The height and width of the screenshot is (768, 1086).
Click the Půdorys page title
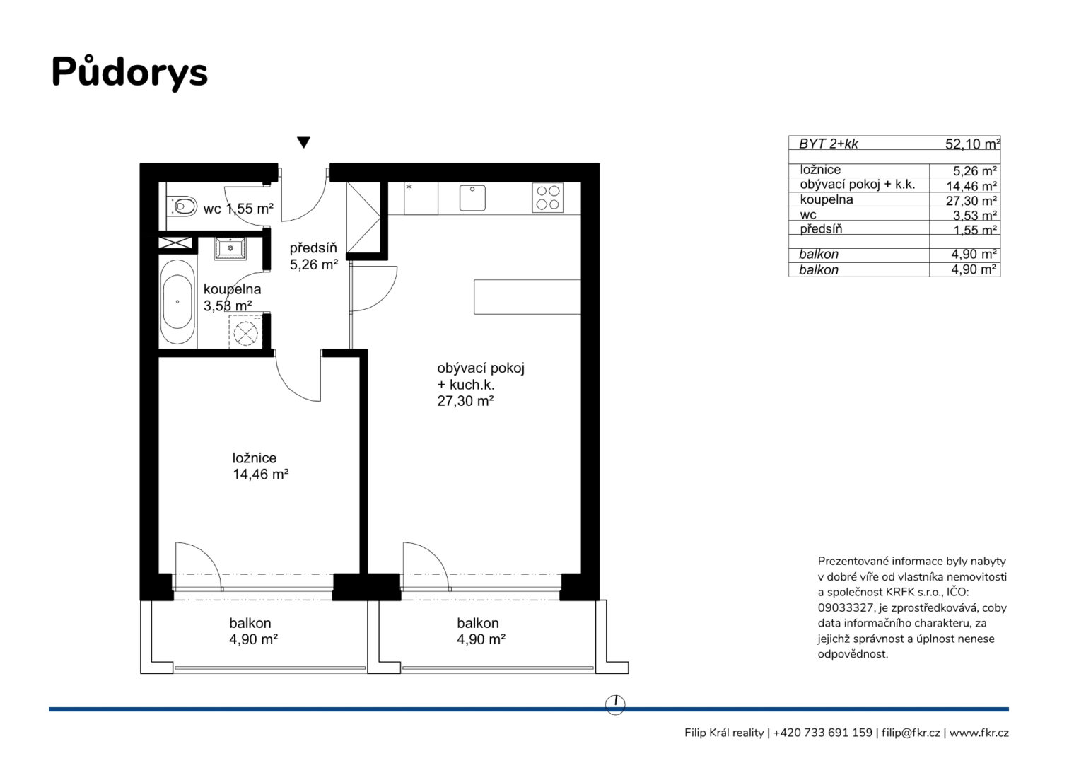(129, 72)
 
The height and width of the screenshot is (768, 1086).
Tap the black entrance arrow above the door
(303, 142)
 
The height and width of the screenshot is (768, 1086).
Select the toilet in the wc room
(182, 206)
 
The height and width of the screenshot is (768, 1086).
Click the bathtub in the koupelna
(177, 303)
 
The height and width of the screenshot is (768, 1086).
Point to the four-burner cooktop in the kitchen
(547, 197)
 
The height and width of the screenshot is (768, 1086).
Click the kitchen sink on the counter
(472, 198)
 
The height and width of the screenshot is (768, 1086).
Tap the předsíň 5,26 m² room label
(313, 257)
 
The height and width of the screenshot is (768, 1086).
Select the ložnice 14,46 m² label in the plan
(259, 466)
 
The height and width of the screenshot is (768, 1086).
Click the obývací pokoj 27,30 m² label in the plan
(480, 384)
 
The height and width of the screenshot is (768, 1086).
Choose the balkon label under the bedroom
(252, 631)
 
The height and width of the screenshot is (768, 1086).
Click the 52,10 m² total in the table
(972, 144)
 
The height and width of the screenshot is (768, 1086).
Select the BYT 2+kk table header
(828, 144)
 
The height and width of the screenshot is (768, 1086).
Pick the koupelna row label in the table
(826, 200)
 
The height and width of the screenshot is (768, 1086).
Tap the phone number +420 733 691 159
(822, 733)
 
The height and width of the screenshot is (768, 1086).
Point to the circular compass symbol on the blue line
(616, 704)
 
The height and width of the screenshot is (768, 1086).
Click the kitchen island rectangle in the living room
(527, 296)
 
